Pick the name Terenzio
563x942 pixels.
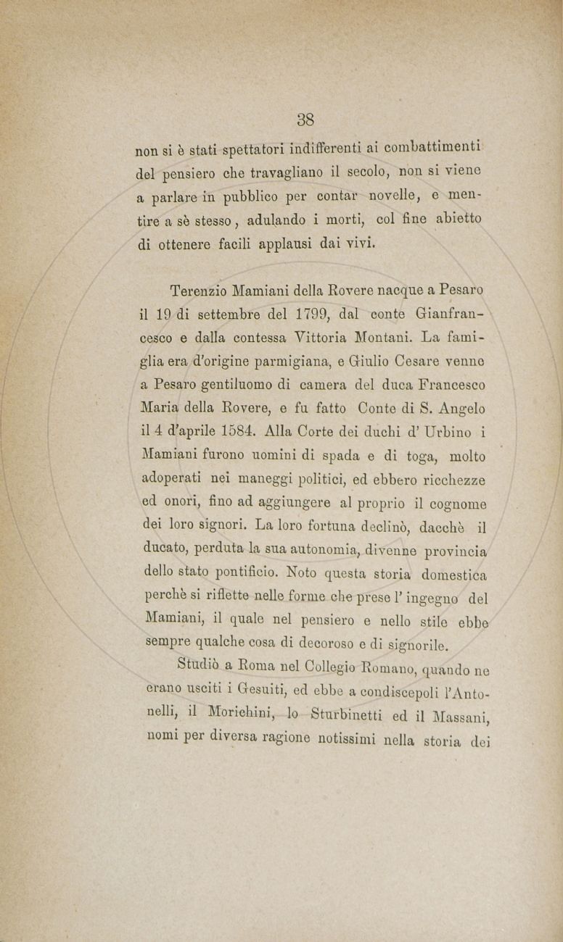[200, 291]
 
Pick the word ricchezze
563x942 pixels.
[449, 479]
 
